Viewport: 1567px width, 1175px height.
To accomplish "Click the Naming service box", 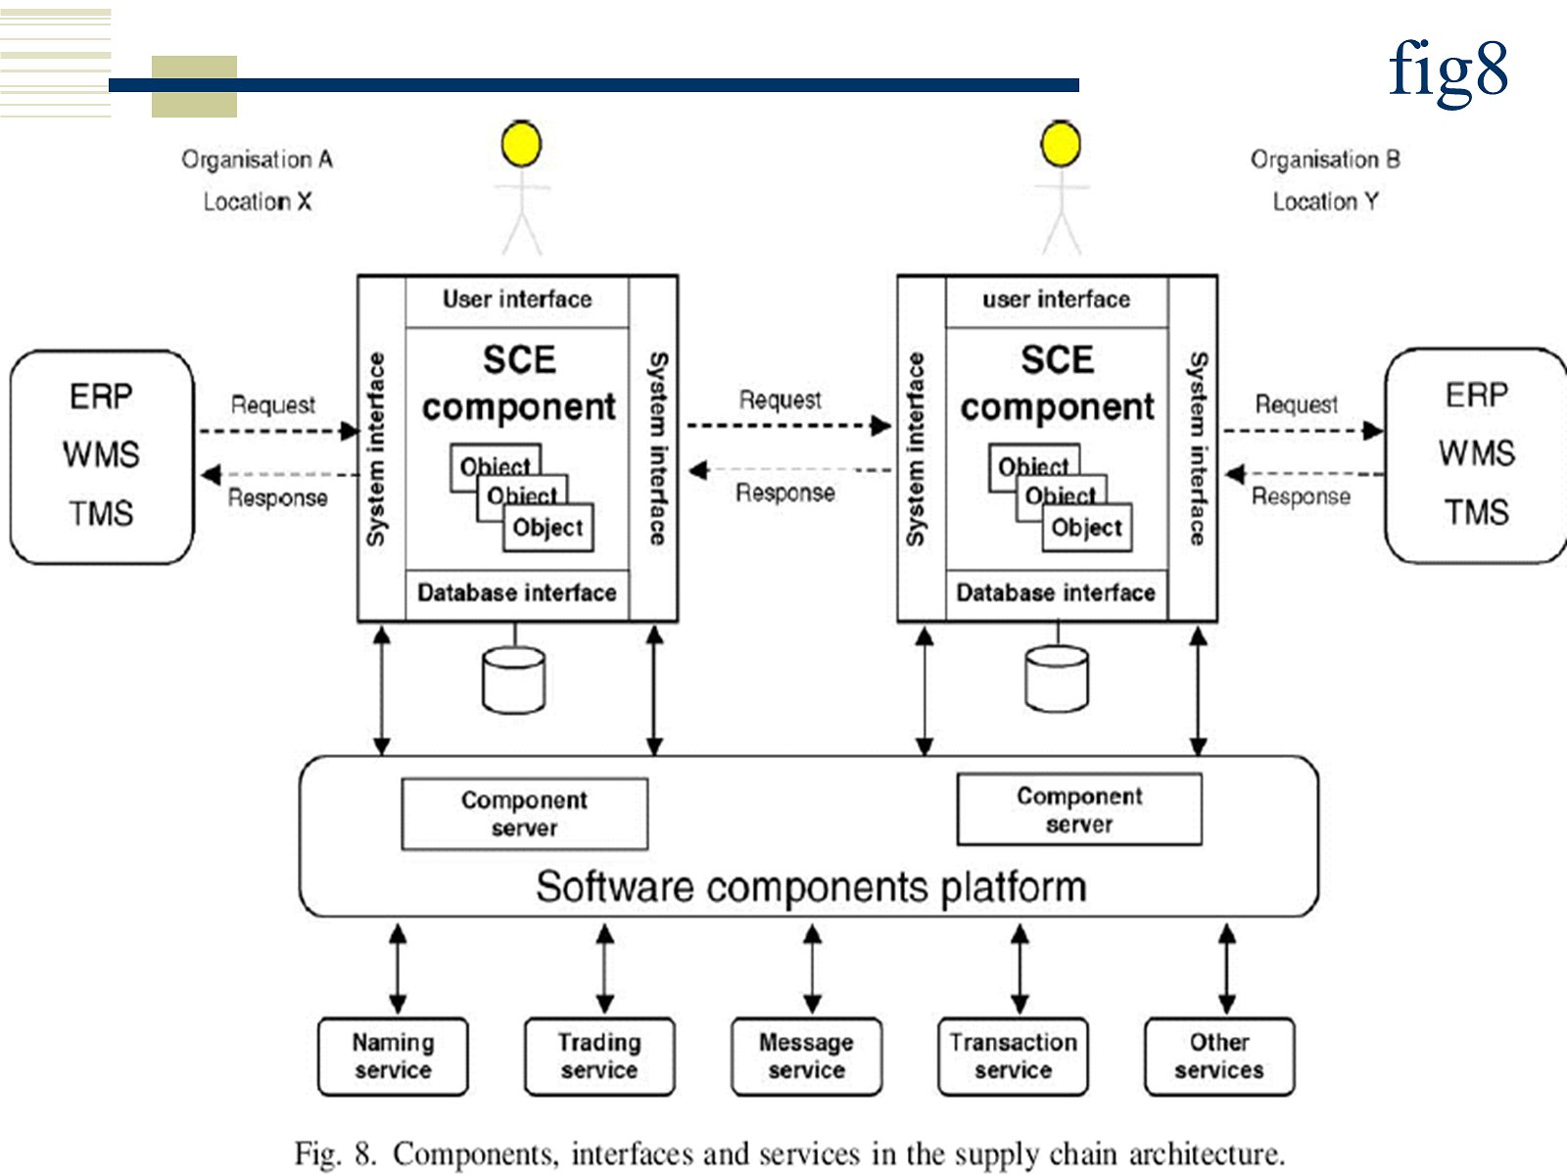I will pyautogui.click(x=393, y=1057).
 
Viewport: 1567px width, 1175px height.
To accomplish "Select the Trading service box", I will pyautogui.click(x=599, y=1057).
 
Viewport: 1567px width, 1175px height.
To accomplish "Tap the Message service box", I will pyautogui.click(x=806, y=1057).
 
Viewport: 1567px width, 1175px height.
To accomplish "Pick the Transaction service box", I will pyautogui.click(x=1013, y=1057).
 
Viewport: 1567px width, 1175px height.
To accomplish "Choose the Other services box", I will pyautogui.click(x=1219, y=1057).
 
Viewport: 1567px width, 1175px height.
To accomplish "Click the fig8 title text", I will pyautogui.click(x=1448, y=70).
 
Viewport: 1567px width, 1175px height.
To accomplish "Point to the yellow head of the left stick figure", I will pyautogui.click(x=521, y=145).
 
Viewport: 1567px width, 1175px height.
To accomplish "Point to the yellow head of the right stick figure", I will pyautogui.click(x=1061, y=145).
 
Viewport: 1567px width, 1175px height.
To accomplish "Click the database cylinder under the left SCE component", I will pyautogui.click(x=514, y=680).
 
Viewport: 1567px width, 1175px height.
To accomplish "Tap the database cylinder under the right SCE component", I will pyautogui.click(x=1056, y=680).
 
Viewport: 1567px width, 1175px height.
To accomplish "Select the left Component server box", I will pyautogui.click(x=524, y=814).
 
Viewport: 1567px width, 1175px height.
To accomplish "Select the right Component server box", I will pyautogui.click(x=1079, y=810).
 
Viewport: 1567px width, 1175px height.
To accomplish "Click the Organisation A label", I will pyautogui.click(x=258, y=160).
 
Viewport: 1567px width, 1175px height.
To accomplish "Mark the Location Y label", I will pyautogui.click(x=1326, y=202).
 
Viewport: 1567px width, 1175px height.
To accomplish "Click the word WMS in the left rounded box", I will pyautogui.click(x=101, y=454).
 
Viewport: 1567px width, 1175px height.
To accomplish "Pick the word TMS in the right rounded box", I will pyautogui.click(x=1477, y=512).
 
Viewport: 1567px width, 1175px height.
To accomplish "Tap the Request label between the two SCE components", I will pyautogui.click(x=781, y=399).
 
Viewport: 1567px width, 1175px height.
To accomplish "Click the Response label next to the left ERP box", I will pyautogui.click(x=278, y=497).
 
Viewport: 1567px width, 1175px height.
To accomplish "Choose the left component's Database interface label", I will pyautogui.click(x=517, y=592).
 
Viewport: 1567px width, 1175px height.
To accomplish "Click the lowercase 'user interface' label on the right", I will pyautogui.click(x=1057, y=300).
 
